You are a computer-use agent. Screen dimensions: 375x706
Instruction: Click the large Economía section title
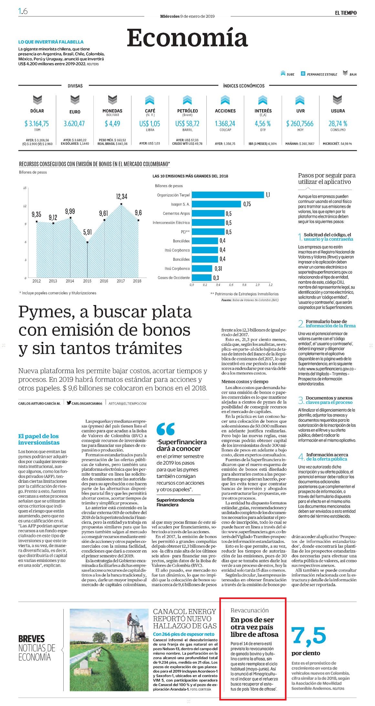[x=187, y=38]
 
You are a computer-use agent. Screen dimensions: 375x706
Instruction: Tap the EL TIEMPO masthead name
[x=346, y=13]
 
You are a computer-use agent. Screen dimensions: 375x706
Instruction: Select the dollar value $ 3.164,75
[x=37, y=124]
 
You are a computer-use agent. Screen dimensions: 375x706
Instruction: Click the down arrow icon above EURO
[x=75, y=100]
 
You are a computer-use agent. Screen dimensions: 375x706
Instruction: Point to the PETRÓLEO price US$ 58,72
[x=187, y=124]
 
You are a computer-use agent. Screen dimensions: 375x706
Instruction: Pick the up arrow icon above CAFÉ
[x=150, y=100]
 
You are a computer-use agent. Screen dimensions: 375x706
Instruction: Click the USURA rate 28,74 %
[x=338, y=124]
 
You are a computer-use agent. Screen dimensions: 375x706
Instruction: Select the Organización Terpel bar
[x=228, y=195]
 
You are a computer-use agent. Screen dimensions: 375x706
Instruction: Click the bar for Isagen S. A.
[x=216, y=204]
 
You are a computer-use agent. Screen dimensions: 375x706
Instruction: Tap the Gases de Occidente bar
[x=202, y=278]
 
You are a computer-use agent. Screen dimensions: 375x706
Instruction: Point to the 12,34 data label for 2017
[x=121, y=196]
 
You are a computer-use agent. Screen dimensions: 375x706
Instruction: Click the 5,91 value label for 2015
[x=88, y=232]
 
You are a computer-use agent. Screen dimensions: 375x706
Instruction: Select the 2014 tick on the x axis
[x=70, y=281]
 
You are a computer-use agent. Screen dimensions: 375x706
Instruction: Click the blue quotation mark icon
[x=165, y=429]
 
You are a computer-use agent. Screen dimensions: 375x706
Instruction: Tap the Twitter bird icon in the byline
[x=69, y=403]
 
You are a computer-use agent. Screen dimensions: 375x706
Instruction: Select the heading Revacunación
[x=250, y=610]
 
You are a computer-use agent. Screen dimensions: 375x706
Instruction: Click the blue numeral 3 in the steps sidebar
[x=301, y=400]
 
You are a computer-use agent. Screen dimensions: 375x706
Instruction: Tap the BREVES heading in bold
[x=31, y=638]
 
